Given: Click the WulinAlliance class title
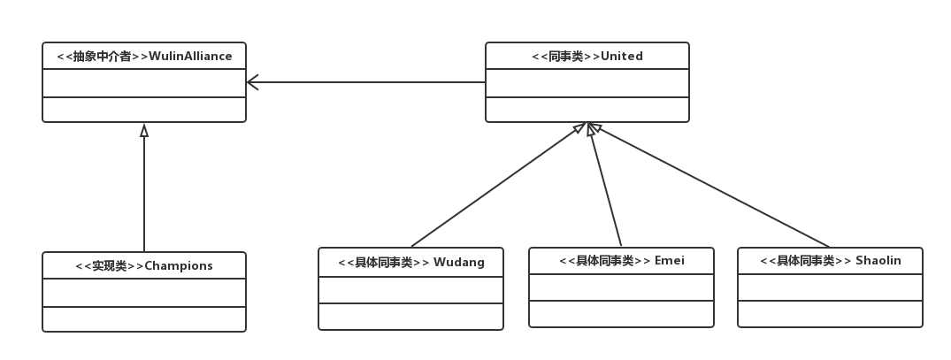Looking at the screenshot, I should pos(144,57).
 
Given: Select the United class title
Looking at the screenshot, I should pos(587,57).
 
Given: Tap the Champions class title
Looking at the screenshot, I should pos(144,265).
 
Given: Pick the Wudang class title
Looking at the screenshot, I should pos(411,262).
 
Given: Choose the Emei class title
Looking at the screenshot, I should pos(622,261).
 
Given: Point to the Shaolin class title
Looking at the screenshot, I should pos(829,261).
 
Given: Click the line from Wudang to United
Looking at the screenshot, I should pos(495,188).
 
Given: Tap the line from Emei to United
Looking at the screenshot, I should pos(607,188).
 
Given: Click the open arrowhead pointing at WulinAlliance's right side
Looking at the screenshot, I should pos(253,82).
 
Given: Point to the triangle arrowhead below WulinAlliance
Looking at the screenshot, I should pos(144,131).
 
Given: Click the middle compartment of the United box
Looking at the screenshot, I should pos(587,83).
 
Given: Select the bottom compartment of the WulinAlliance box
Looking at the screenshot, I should pos(144,110).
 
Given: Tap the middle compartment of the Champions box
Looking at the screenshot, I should pos(144,293).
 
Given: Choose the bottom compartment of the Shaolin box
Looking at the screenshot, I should pos(829,314).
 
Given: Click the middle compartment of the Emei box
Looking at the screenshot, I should pos(622,287).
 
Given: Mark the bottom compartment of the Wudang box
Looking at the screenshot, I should pos(411,317).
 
